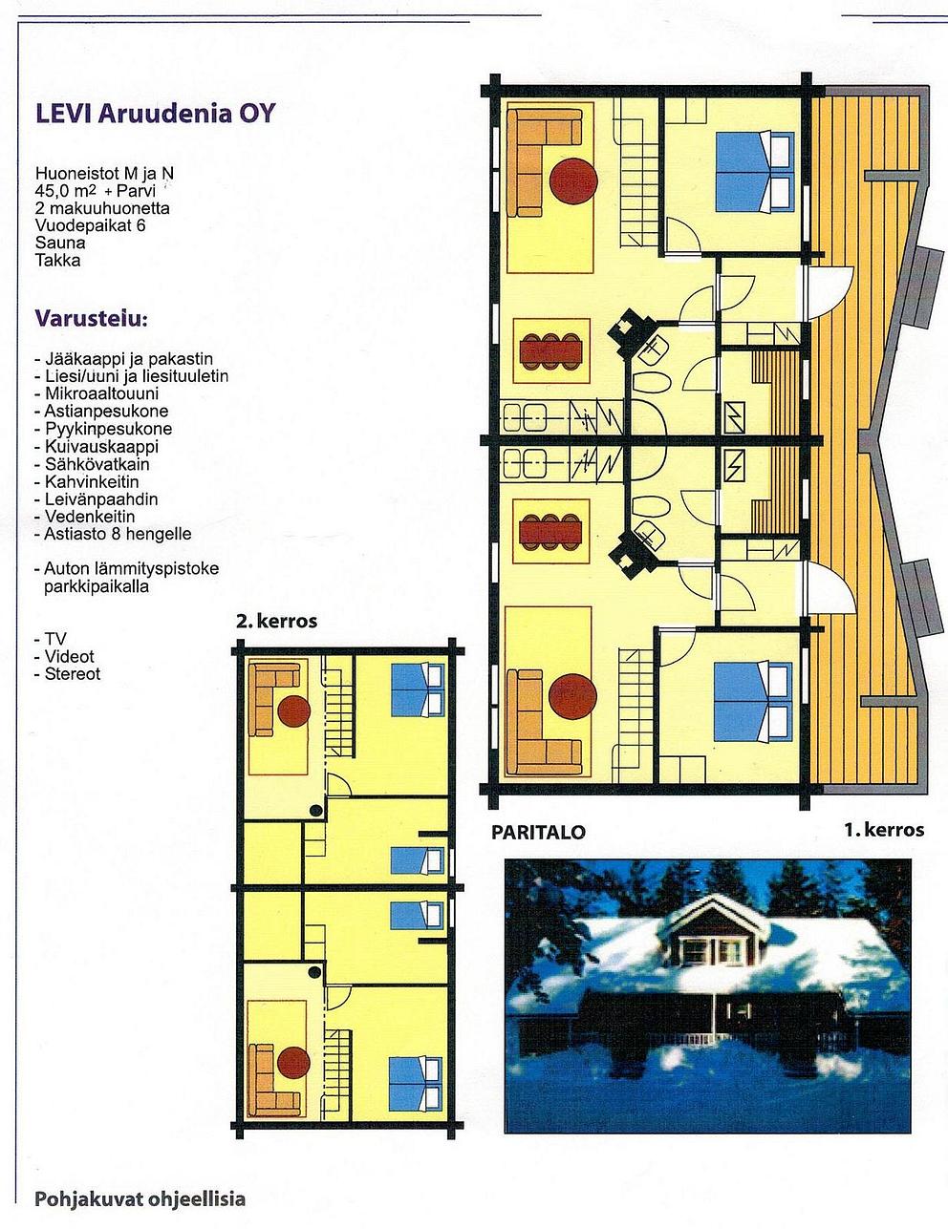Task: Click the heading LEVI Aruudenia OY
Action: [155, 114]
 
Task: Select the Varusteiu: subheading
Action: [92, 318]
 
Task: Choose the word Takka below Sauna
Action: [57, 261]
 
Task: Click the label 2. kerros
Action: [277, 621]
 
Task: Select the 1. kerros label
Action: [884, 830]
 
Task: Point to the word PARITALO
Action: [538, 832]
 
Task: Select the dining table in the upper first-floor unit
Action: [550, 351]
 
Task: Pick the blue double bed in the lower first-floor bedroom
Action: [752, 702]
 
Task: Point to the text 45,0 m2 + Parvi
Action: [95, 190]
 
